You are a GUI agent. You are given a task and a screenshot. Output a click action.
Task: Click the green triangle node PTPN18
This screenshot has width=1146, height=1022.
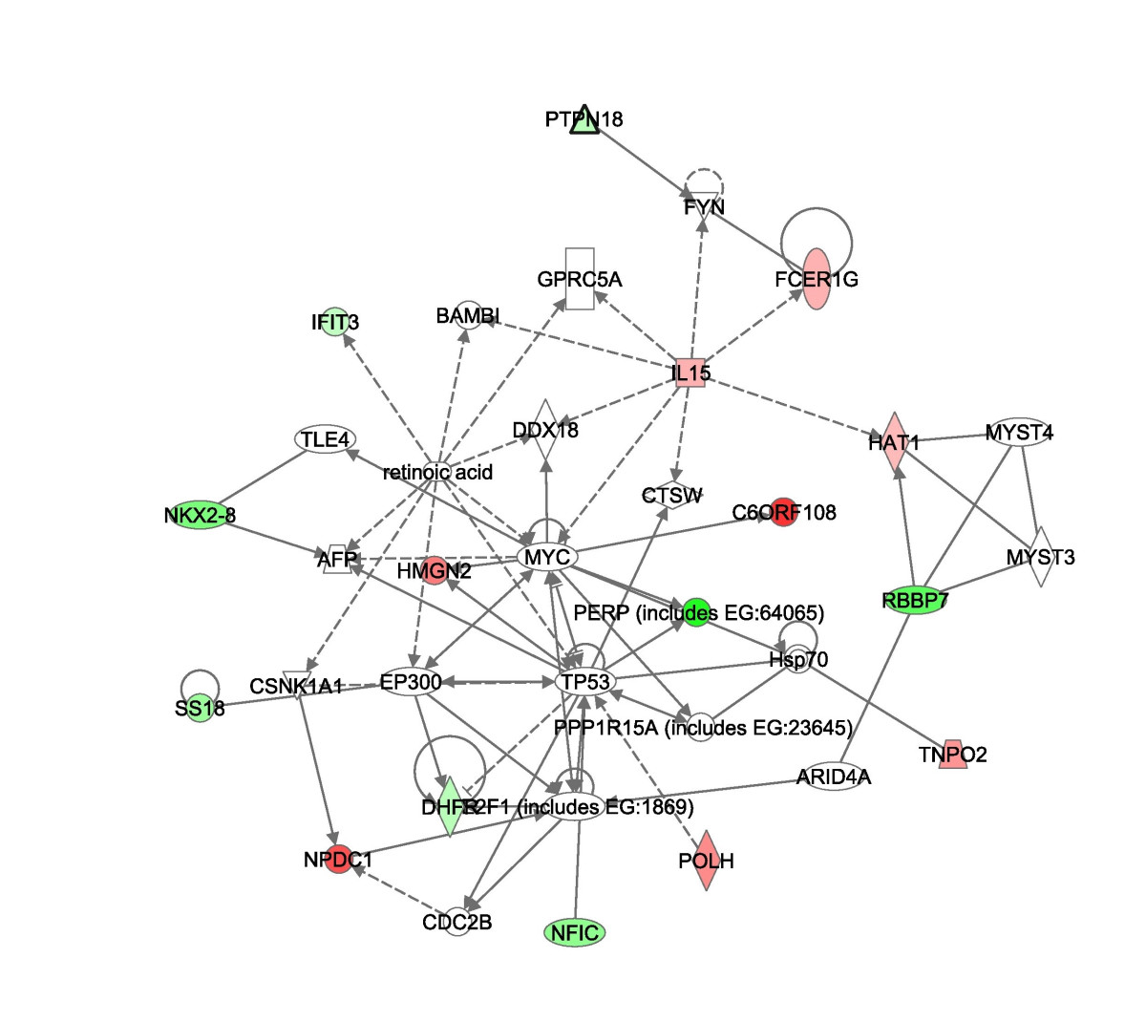point(584,119)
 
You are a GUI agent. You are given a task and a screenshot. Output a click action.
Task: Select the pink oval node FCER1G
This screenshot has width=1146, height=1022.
point(817,279)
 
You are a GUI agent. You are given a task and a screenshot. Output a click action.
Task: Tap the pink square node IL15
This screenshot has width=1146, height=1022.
point(690,373)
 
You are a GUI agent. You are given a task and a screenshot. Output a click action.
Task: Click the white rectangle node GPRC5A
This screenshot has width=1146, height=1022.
point(580,279)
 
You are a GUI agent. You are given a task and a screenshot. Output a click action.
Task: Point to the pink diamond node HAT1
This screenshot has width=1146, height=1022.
point(894,442)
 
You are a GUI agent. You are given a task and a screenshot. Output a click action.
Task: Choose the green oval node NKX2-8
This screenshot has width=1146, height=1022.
point(200,516)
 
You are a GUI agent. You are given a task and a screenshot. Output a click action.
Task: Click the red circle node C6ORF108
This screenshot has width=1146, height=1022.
point(783,513)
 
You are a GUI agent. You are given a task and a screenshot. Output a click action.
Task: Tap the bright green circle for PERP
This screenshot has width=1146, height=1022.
point(697,611)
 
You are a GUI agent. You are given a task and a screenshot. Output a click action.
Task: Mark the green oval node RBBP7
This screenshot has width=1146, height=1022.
point(915,601)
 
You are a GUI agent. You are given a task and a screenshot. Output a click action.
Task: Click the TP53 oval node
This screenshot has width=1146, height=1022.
point(584,681)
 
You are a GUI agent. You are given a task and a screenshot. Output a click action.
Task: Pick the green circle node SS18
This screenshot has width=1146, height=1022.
point(200,708)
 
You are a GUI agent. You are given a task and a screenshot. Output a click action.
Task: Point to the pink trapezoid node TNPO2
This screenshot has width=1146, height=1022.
point(952,755)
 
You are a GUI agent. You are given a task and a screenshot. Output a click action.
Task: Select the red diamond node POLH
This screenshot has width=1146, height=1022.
point(706,861)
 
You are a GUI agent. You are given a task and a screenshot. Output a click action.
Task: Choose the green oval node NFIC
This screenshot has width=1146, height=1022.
point(576,931)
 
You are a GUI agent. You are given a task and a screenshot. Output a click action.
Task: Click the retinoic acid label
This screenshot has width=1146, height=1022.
point(437,472)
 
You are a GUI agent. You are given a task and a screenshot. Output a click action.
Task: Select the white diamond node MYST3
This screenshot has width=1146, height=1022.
point(1040,557)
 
